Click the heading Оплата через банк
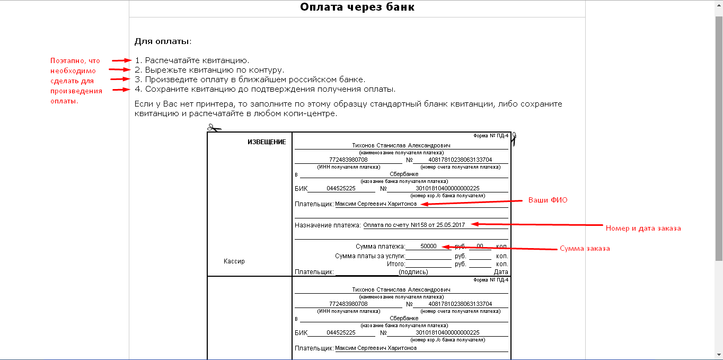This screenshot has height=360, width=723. pos(357,7)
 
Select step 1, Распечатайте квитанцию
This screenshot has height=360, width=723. pos(192,60)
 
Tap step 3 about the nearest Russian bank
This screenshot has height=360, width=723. pos(250,80)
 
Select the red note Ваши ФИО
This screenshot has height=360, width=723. pos(548,200)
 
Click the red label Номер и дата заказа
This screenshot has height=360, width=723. pos(643,228)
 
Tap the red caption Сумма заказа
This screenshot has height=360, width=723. pos(585,249)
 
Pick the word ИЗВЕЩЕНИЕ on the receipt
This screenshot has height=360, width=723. pos(267,142)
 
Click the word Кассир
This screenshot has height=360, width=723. pos(234,261)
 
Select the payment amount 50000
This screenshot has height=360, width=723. pos(428,247)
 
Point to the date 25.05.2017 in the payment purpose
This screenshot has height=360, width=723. pos(451,225)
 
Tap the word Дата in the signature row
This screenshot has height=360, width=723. pos(501,272)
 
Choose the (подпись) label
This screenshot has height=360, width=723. pos(413,272)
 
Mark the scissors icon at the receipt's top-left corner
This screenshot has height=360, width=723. pos(214,128)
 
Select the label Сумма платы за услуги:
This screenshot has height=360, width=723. pos(369,256)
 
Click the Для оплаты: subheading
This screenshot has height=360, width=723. pos(163,41)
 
